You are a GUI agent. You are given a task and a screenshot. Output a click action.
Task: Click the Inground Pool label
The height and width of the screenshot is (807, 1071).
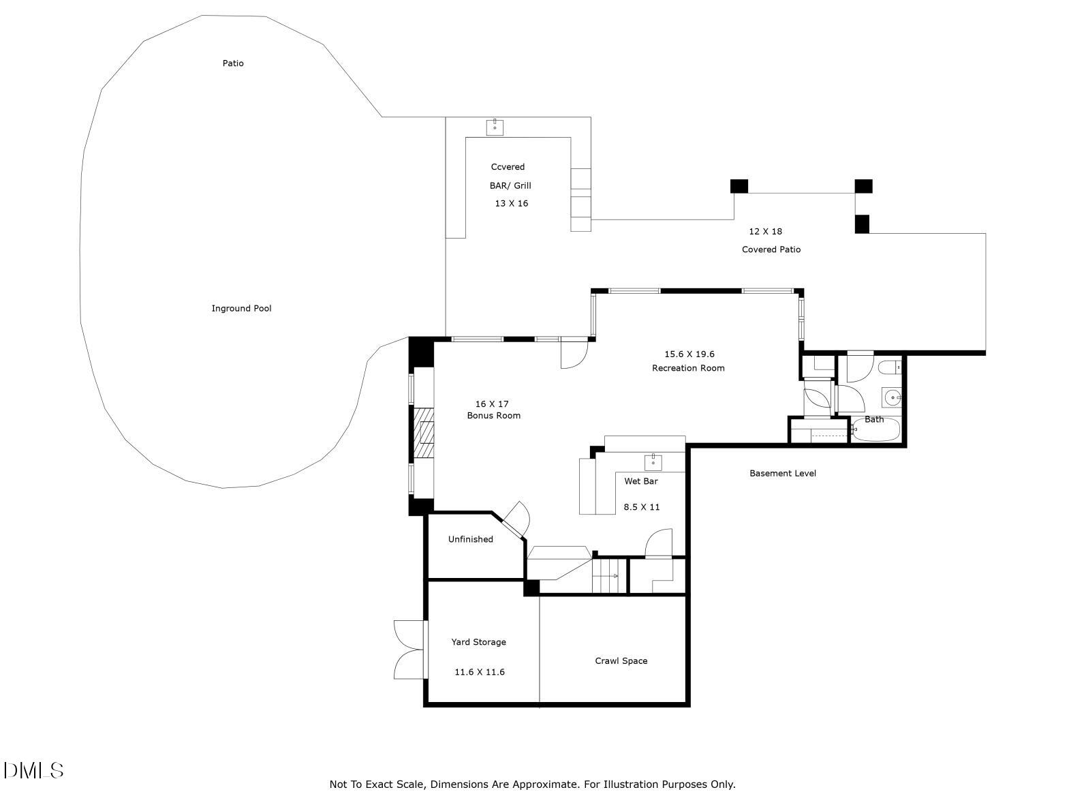click(x=241, y=309)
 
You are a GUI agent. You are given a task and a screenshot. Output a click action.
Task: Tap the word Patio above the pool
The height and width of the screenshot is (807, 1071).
click(x=233, y=63)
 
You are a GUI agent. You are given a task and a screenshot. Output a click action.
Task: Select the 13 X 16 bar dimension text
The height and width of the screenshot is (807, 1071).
click(x=511, y=203)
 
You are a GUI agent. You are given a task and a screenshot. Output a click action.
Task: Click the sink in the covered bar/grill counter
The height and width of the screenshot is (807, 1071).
click(x=495, y=127)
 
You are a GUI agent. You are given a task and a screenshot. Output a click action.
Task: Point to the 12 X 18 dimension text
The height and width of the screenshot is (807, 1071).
click(x=765, y=231)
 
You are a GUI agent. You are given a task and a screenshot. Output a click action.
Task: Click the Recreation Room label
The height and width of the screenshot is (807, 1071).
click(x=688, y=368)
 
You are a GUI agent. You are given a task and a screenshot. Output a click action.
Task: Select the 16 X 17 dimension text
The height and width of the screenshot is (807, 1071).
click(x=492, y=403)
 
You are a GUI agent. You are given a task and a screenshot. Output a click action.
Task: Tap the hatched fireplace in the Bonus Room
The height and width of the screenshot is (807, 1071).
click(x=425, y=433)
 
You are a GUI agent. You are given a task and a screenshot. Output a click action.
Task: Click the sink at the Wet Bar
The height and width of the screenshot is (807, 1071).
click(x=653, y=461)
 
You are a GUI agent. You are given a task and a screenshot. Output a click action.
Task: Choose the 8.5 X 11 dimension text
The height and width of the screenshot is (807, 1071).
click(x=642, y=507)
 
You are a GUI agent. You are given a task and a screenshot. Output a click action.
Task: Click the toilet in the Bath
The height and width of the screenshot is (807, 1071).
click(x=889, y=368)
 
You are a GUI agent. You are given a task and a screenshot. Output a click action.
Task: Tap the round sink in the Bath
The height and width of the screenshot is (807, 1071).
click(x=891, y=396)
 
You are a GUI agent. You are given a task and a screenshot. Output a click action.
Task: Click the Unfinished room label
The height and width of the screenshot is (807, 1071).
click(x=470, y=539)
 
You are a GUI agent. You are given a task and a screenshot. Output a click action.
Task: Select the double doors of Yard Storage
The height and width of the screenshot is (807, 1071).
click(x=410, y=650)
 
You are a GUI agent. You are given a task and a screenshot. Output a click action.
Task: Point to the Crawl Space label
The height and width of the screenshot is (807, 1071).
click(x=621, y=660)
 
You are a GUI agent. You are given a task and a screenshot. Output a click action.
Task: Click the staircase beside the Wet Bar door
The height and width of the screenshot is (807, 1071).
click(x=608, y=575)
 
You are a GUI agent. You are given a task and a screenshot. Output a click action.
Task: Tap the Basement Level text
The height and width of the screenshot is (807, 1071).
click(x=782, y=473)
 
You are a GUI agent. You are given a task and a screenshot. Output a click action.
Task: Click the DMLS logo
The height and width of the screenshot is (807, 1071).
click(x=34, y=771)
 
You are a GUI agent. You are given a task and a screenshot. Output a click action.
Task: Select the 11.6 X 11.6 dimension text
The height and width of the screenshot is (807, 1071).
click(x=479, y=672)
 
